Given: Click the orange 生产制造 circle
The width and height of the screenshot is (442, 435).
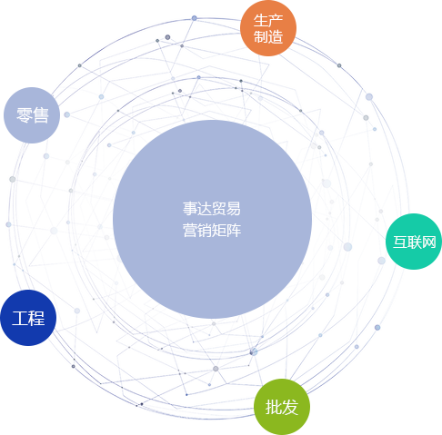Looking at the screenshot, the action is coord(268,28).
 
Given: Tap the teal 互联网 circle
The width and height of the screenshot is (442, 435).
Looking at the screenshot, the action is coord(414,242).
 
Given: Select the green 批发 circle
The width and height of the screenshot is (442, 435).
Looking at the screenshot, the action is coord(282,407).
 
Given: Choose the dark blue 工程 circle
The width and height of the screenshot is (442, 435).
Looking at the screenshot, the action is coord(28,318).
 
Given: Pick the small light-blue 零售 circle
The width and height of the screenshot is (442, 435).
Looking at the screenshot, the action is coord(32,115).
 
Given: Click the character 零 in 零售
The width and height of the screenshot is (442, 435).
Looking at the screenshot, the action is coord(25,115).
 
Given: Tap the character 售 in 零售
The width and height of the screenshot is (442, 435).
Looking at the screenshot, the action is coord(41,115).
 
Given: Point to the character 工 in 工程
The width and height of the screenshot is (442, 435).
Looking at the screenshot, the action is coord(20,318).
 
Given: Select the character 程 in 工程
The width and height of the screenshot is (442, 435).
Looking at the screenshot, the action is coord(36,318).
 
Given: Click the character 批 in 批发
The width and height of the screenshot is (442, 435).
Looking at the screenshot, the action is coord(274,407).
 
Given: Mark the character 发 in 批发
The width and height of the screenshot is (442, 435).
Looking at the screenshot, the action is coord(290,407).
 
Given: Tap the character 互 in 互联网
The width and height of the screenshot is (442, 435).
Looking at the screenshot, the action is coord(400,242).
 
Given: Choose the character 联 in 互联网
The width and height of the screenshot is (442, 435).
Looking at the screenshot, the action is coord(414,242).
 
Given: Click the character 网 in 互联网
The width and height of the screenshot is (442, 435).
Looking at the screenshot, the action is coord(428,242).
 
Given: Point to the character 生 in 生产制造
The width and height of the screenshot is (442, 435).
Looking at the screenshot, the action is coord(261,21).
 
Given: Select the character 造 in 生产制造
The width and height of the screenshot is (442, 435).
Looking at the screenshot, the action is coord(276,36).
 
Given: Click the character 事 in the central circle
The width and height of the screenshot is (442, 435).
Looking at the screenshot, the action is coord(190,209).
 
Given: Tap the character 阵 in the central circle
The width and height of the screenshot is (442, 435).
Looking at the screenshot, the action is coord(234,231).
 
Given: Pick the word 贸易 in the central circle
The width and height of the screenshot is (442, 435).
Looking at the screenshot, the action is coord(226,209).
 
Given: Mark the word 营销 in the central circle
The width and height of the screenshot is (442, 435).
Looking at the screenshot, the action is coord(197,231).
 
